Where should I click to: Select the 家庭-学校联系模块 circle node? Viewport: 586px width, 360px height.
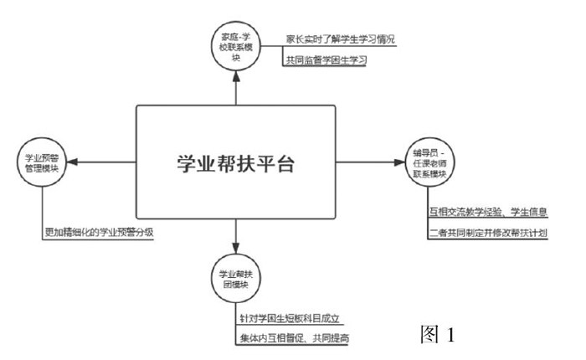coord(235,47)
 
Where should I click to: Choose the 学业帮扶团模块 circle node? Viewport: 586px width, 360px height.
coord(235,278)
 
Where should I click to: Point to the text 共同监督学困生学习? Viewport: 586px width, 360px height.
coord(326,60)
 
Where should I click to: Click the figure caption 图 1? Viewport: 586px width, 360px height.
coord(436,335)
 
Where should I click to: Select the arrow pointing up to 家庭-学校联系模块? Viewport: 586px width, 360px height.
coord(235,88)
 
